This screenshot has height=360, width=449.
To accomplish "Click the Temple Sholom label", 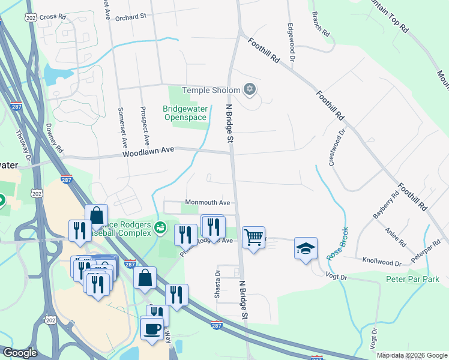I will click(210, 90).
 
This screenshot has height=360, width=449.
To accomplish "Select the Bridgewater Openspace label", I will click(185, 113).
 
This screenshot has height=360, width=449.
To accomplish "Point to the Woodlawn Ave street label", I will click(148, 153).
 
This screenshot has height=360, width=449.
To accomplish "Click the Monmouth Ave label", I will click(208, 203).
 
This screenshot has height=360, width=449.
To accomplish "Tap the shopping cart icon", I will click(253, 236).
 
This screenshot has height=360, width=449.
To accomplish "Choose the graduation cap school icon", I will click(306, 247).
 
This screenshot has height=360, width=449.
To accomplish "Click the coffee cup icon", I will click(152, 328).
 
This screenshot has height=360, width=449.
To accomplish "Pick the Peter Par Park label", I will click(412, 279).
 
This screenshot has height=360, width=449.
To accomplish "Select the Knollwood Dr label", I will click(382, 262).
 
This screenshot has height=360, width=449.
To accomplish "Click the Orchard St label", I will click(131, 17).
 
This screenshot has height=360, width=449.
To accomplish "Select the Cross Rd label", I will click(53, 17).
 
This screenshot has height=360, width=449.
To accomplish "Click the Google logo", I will click(19, 353).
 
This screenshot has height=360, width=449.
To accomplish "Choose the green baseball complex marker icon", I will click(160, 227).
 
